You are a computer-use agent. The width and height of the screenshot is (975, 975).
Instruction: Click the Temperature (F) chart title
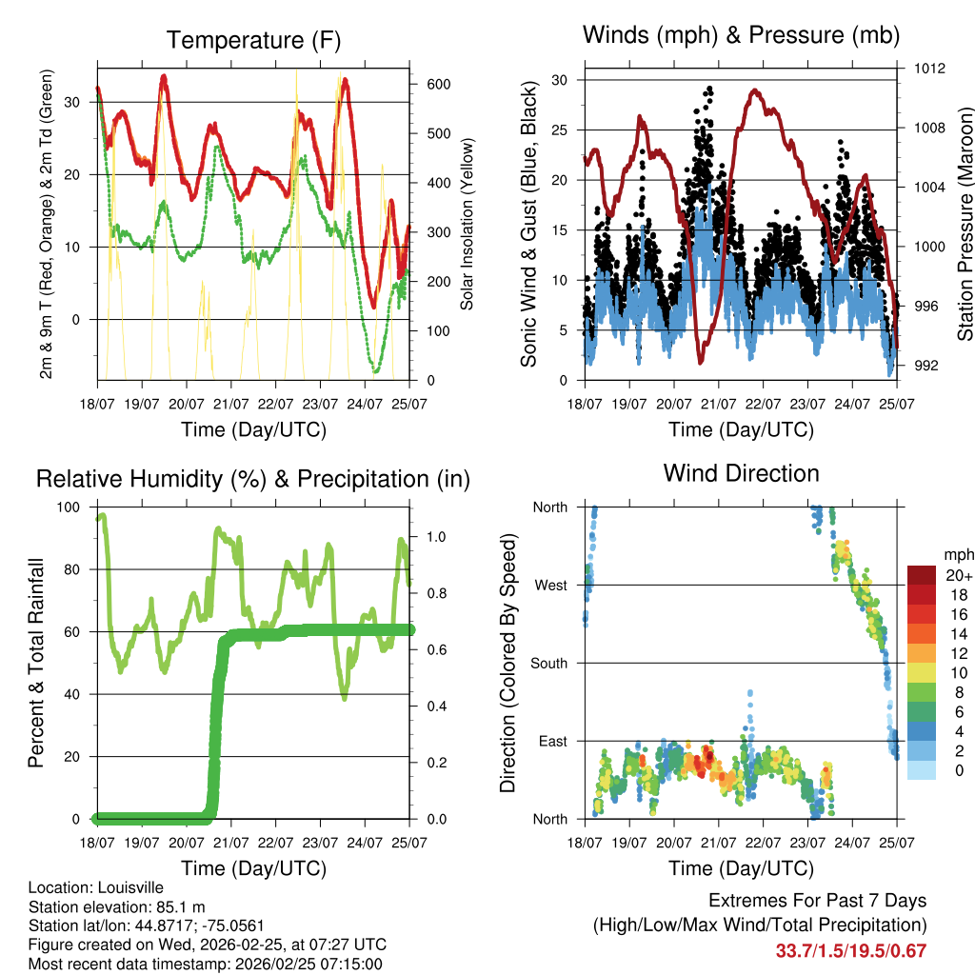coord(253,40)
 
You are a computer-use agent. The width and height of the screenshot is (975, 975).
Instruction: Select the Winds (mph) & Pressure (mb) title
coord(741,35)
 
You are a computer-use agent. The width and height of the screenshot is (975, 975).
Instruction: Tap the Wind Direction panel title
coord(741,473)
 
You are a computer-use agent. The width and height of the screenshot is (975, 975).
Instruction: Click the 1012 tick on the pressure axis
coord(931,69)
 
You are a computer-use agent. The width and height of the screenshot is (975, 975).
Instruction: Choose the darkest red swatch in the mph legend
coord(922,574)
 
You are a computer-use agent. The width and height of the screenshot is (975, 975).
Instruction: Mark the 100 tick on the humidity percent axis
coord(70,507)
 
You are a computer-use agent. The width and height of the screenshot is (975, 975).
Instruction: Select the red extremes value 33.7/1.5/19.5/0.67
coord(851,951)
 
